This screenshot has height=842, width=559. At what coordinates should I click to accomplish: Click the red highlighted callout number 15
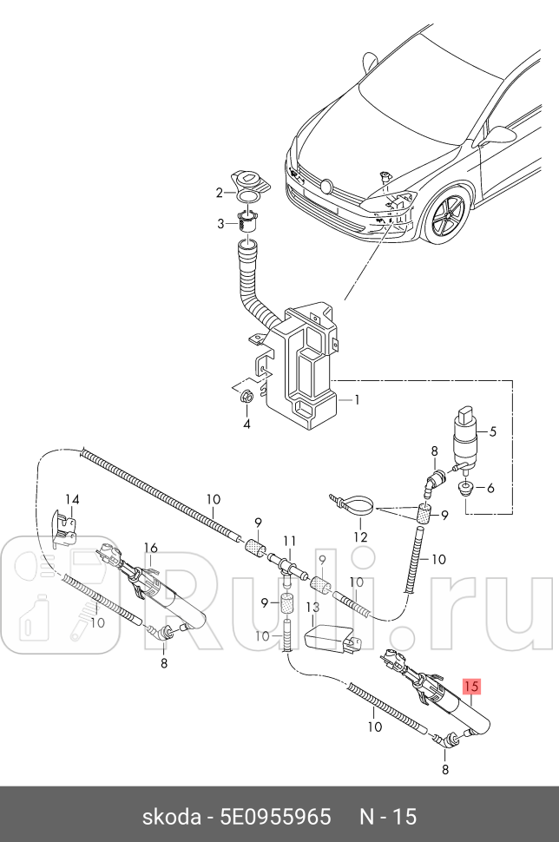tap(471, 686)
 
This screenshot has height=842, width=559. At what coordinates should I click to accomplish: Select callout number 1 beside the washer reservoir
tap(355, 401)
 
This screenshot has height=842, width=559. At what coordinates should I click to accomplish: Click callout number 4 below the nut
tap(492, 430)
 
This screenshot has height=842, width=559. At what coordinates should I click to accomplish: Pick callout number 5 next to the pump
tap(490, 488)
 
